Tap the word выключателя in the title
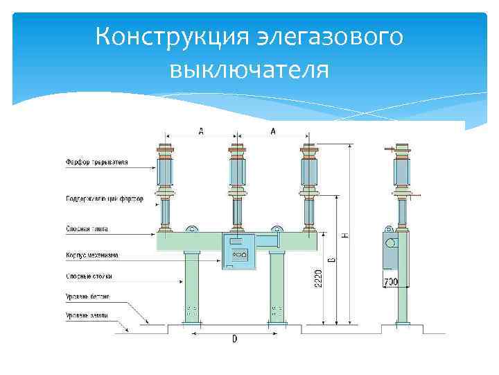(249, 69)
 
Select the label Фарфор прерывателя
(97, 163)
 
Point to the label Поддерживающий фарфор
(105, 199)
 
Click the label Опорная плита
(87, 228)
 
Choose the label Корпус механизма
(91, 255)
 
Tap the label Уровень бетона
(87, 297)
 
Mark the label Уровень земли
(87, 315)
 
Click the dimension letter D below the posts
(234, 339)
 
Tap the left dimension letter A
(201, 131)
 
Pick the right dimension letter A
(272, 131)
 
